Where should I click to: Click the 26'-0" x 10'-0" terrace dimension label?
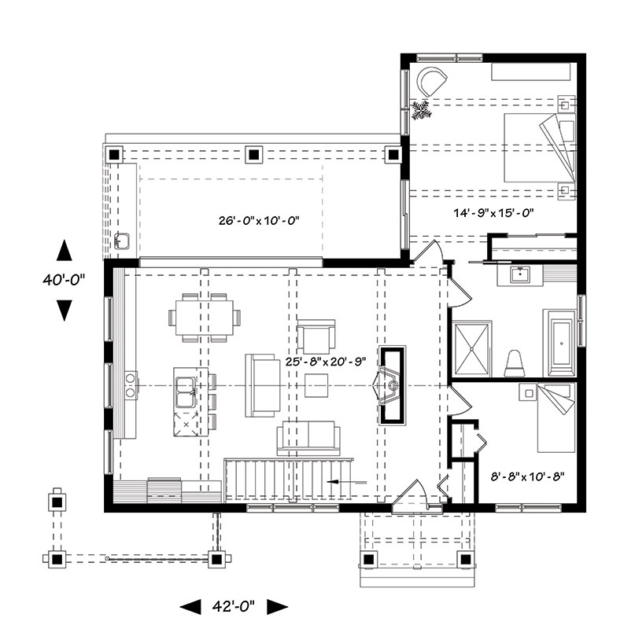coord(259,221)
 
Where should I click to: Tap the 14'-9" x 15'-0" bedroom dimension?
coord(493,212)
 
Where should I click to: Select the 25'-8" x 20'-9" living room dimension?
coord(326,361)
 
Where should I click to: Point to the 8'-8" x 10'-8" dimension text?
coord(528,476)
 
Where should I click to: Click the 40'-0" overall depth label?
coord(64,280)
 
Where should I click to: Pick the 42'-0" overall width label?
coord(233,606)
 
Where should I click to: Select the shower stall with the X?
coord(472,349)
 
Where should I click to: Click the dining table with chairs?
coord(205,318)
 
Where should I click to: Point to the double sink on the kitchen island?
coord(186,392)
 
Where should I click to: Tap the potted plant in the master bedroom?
coord(421,110)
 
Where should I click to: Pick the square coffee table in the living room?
coord(316,385)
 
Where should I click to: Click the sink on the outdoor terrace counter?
coord(121,241)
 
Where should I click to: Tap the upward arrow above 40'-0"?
coord(65,250)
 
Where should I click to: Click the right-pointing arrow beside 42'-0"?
coord(278,606)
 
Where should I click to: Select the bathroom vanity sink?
coord(520,274)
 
